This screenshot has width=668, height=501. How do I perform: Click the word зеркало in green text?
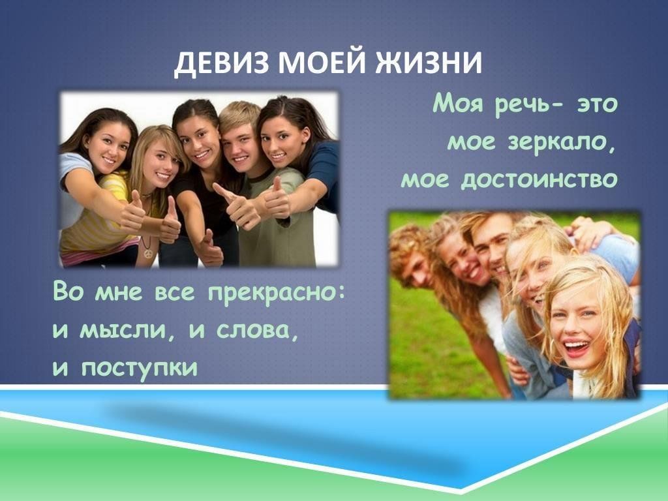click(x=562, y=142)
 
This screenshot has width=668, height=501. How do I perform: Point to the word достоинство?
click(x=539, y=179)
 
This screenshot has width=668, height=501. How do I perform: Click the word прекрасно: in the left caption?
click(x=276, y=294)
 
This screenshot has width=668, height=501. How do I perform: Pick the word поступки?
click(x=140, y=369)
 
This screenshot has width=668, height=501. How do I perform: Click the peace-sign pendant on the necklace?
click(x=148, y=254)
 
